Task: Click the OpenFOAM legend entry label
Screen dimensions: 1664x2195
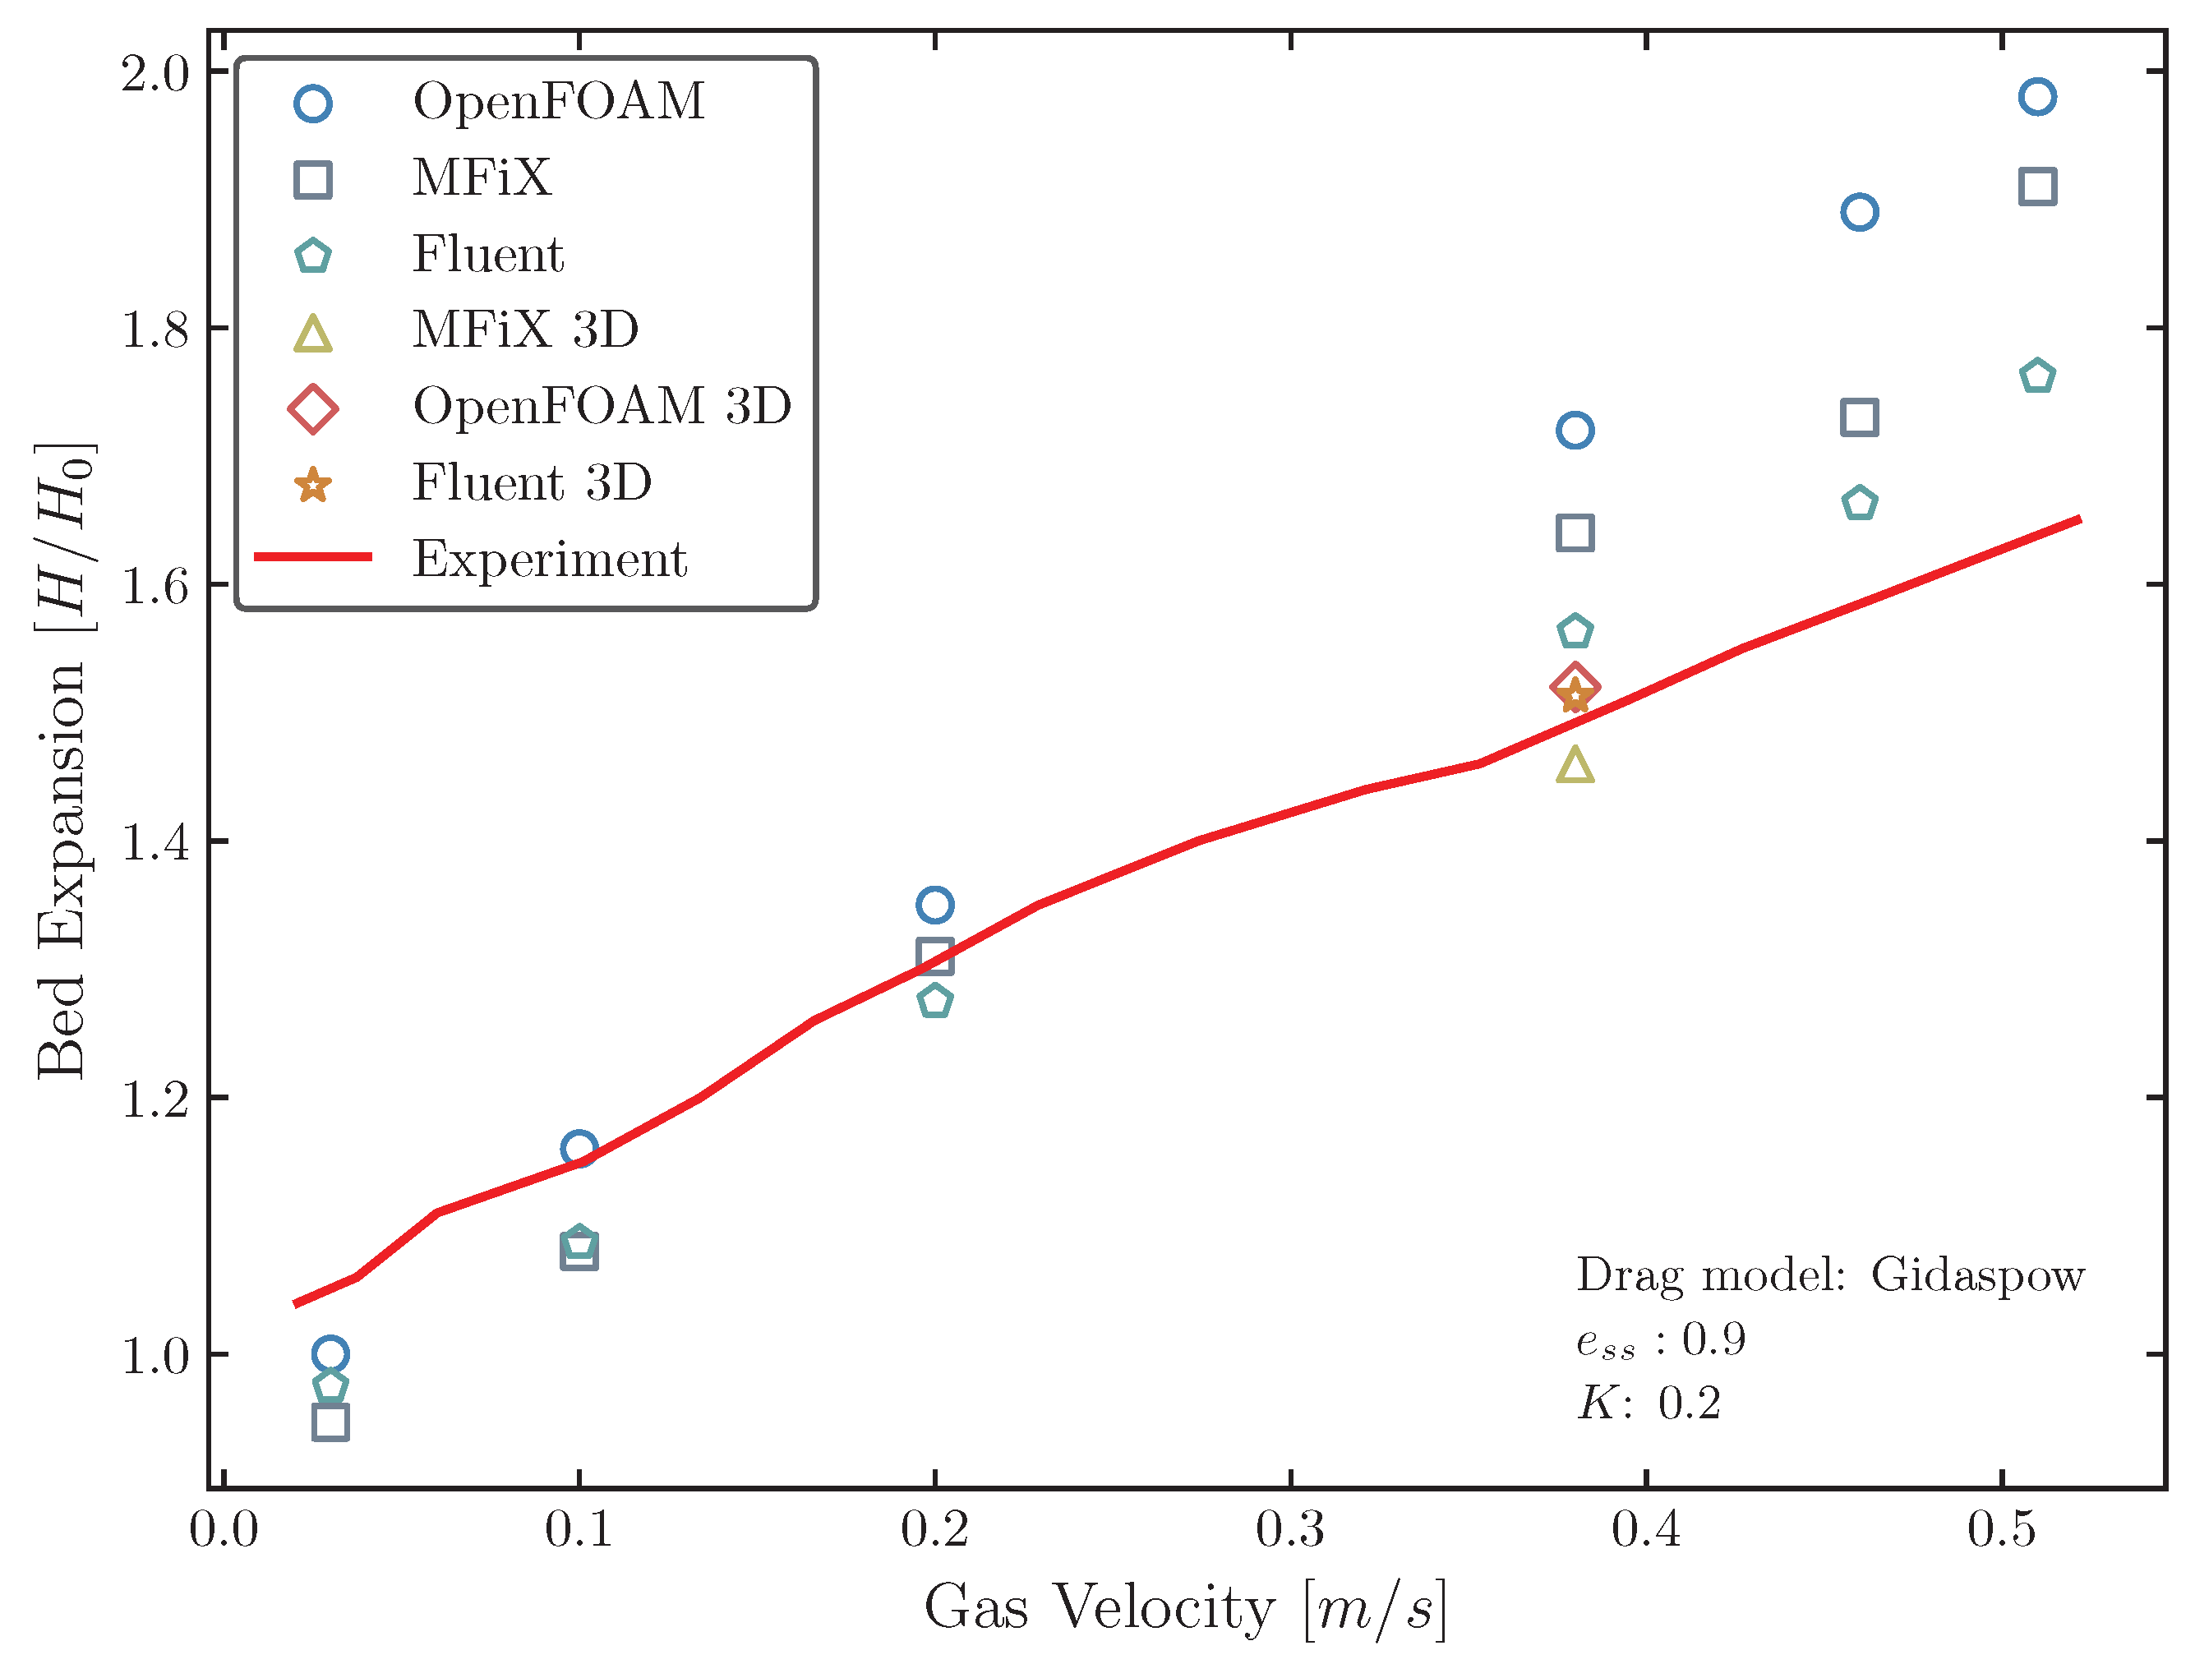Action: [558, 101]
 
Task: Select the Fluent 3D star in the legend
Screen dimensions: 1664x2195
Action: [312, 485]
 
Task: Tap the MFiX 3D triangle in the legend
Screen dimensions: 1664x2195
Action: [312, 334]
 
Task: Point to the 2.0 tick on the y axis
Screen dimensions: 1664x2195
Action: [154, 72]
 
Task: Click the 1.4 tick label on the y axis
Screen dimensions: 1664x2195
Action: [154, 842]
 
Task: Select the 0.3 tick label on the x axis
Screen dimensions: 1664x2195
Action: [1289, 1529]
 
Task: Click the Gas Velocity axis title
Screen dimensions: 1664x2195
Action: [1185, 1607]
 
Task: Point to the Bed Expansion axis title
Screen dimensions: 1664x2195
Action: [62, 760]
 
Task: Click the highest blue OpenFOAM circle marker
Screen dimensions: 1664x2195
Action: [2037, 97]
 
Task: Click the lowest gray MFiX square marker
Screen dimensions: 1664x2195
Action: [330, 1422]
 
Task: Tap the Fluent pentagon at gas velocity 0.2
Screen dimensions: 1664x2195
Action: [934, 1000]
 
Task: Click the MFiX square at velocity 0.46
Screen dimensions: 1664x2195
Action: [1860, 417]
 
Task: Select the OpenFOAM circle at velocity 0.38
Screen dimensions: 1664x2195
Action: [1575, 431]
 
